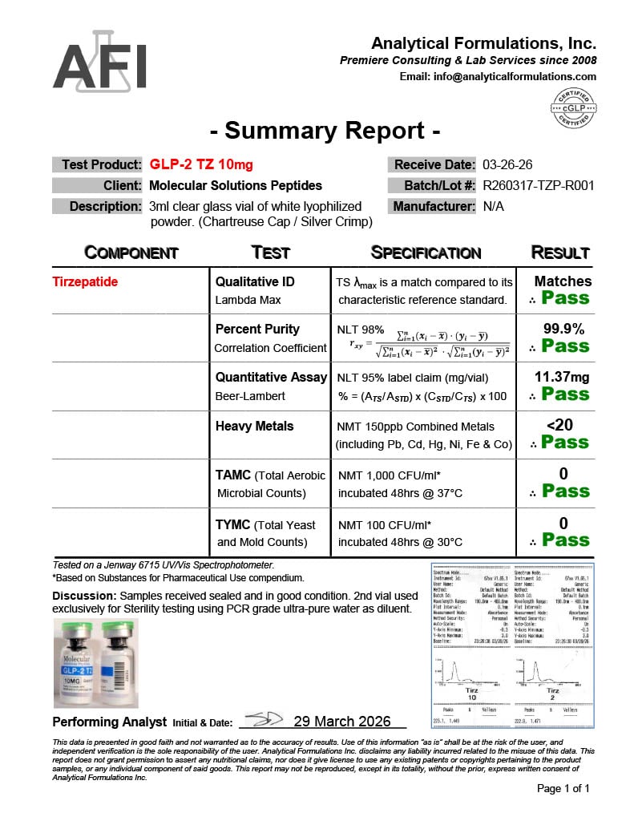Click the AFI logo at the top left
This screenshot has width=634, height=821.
(100, 62)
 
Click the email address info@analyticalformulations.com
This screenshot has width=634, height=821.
(498, 77)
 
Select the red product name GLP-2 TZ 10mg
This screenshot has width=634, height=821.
(201, 165)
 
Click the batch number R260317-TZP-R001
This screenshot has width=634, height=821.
(538, 185)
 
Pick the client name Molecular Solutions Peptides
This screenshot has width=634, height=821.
(236, 185)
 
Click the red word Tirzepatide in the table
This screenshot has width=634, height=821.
(86, 281)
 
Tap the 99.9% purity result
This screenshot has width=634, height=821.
(563, 329)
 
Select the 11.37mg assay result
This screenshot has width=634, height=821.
(563, 377)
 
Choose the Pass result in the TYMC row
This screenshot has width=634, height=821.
(565, 540)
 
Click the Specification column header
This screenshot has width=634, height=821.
(426, 253)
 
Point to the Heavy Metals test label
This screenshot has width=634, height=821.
(255, 426)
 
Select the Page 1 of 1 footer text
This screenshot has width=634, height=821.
(563, 788)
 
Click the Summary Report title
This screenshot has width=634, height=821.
(324, 131)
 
